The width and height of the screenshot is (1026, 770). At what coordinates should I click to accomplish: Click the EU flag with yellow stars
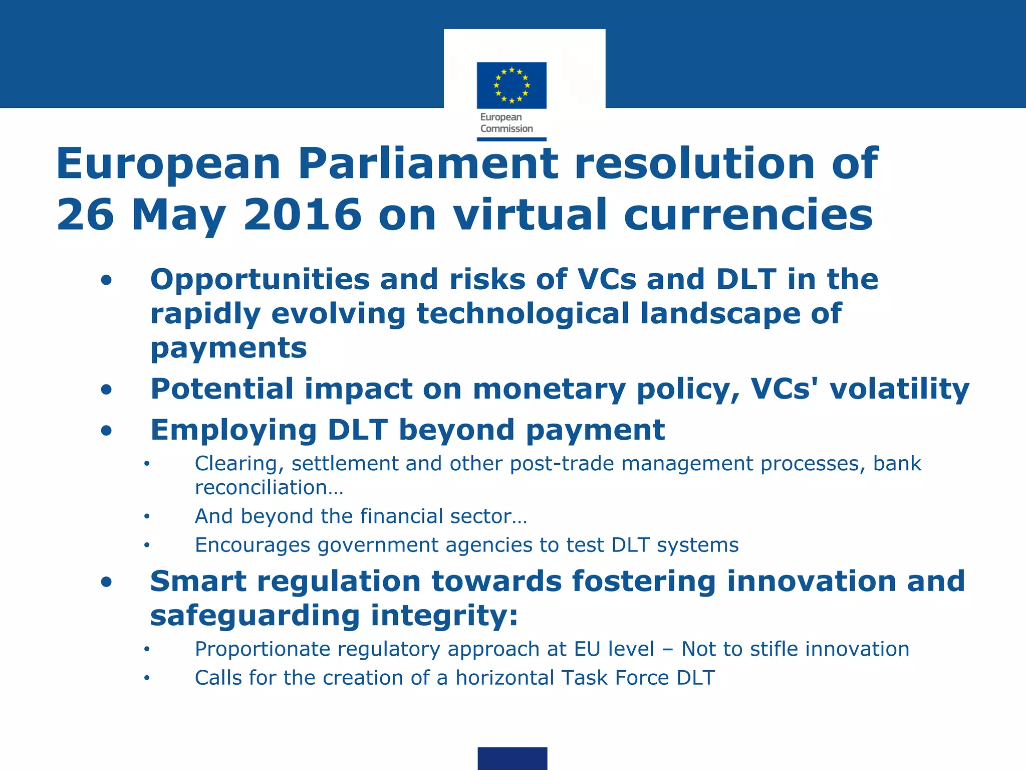click(x=511, y=85)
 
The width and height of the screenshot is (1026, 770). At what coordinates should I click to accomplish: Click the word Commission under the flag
click(x=506, y=129)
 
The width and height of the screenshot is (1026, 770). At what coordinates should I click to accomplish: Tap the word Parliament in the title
click(x=428, y=163)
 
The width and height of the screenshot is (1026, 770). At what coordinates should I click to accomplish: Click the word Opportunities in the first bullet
click(x=260, y=280)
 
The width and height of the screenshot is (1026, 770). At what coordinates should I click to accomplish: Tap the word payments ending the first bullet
click(x=228, y=348)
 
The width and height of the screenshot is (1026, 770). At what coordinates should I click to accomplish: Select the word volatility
click(x=900, y=390)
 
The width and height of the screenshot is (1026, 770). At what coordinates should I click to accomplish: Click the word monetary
click(x=549, y=390)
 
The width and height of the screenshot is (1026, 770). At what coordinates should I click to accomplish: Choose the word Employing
click(x=233, y=430)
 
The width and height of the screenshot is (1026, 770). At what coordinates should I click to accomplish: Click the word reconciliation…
click(x=269, y=488)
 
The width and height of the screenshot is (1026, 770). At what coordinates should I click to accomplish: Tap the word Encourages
click(x=252, y=545)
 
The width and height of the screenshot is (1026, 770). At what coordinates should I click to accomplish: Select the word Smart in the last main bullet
click(x=198, y=582)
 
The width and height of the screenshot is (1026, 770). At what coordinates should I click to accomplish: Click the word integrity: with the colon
click(x=444, y=616)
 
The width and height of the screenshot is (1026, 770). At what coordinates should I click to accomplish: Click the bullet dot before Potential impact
click(x=106, y=390)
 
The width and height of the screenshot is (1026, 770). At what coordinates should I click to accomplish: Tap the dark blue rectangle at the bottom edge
click(x=512, y=758)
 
